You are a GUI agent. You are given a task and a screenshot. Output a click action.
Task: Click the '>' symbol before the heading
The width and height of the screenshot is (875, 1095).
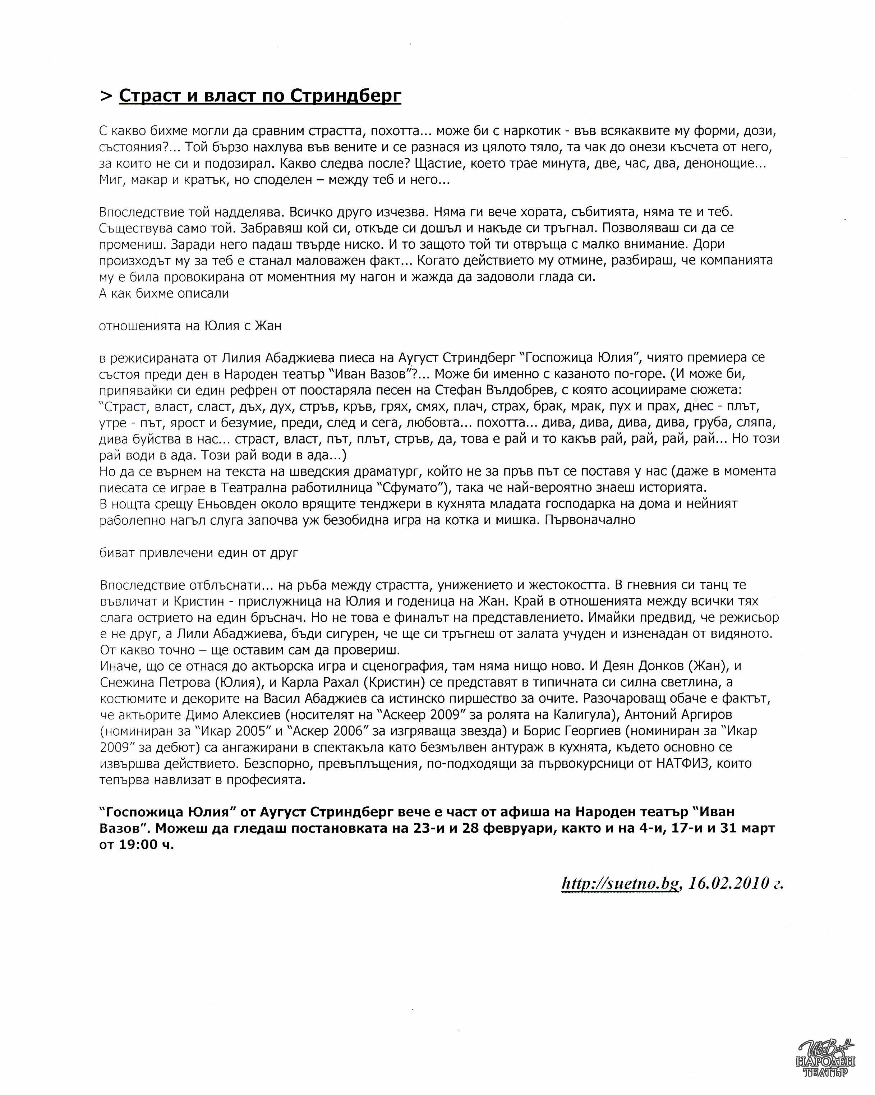(x=106, y=96)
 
